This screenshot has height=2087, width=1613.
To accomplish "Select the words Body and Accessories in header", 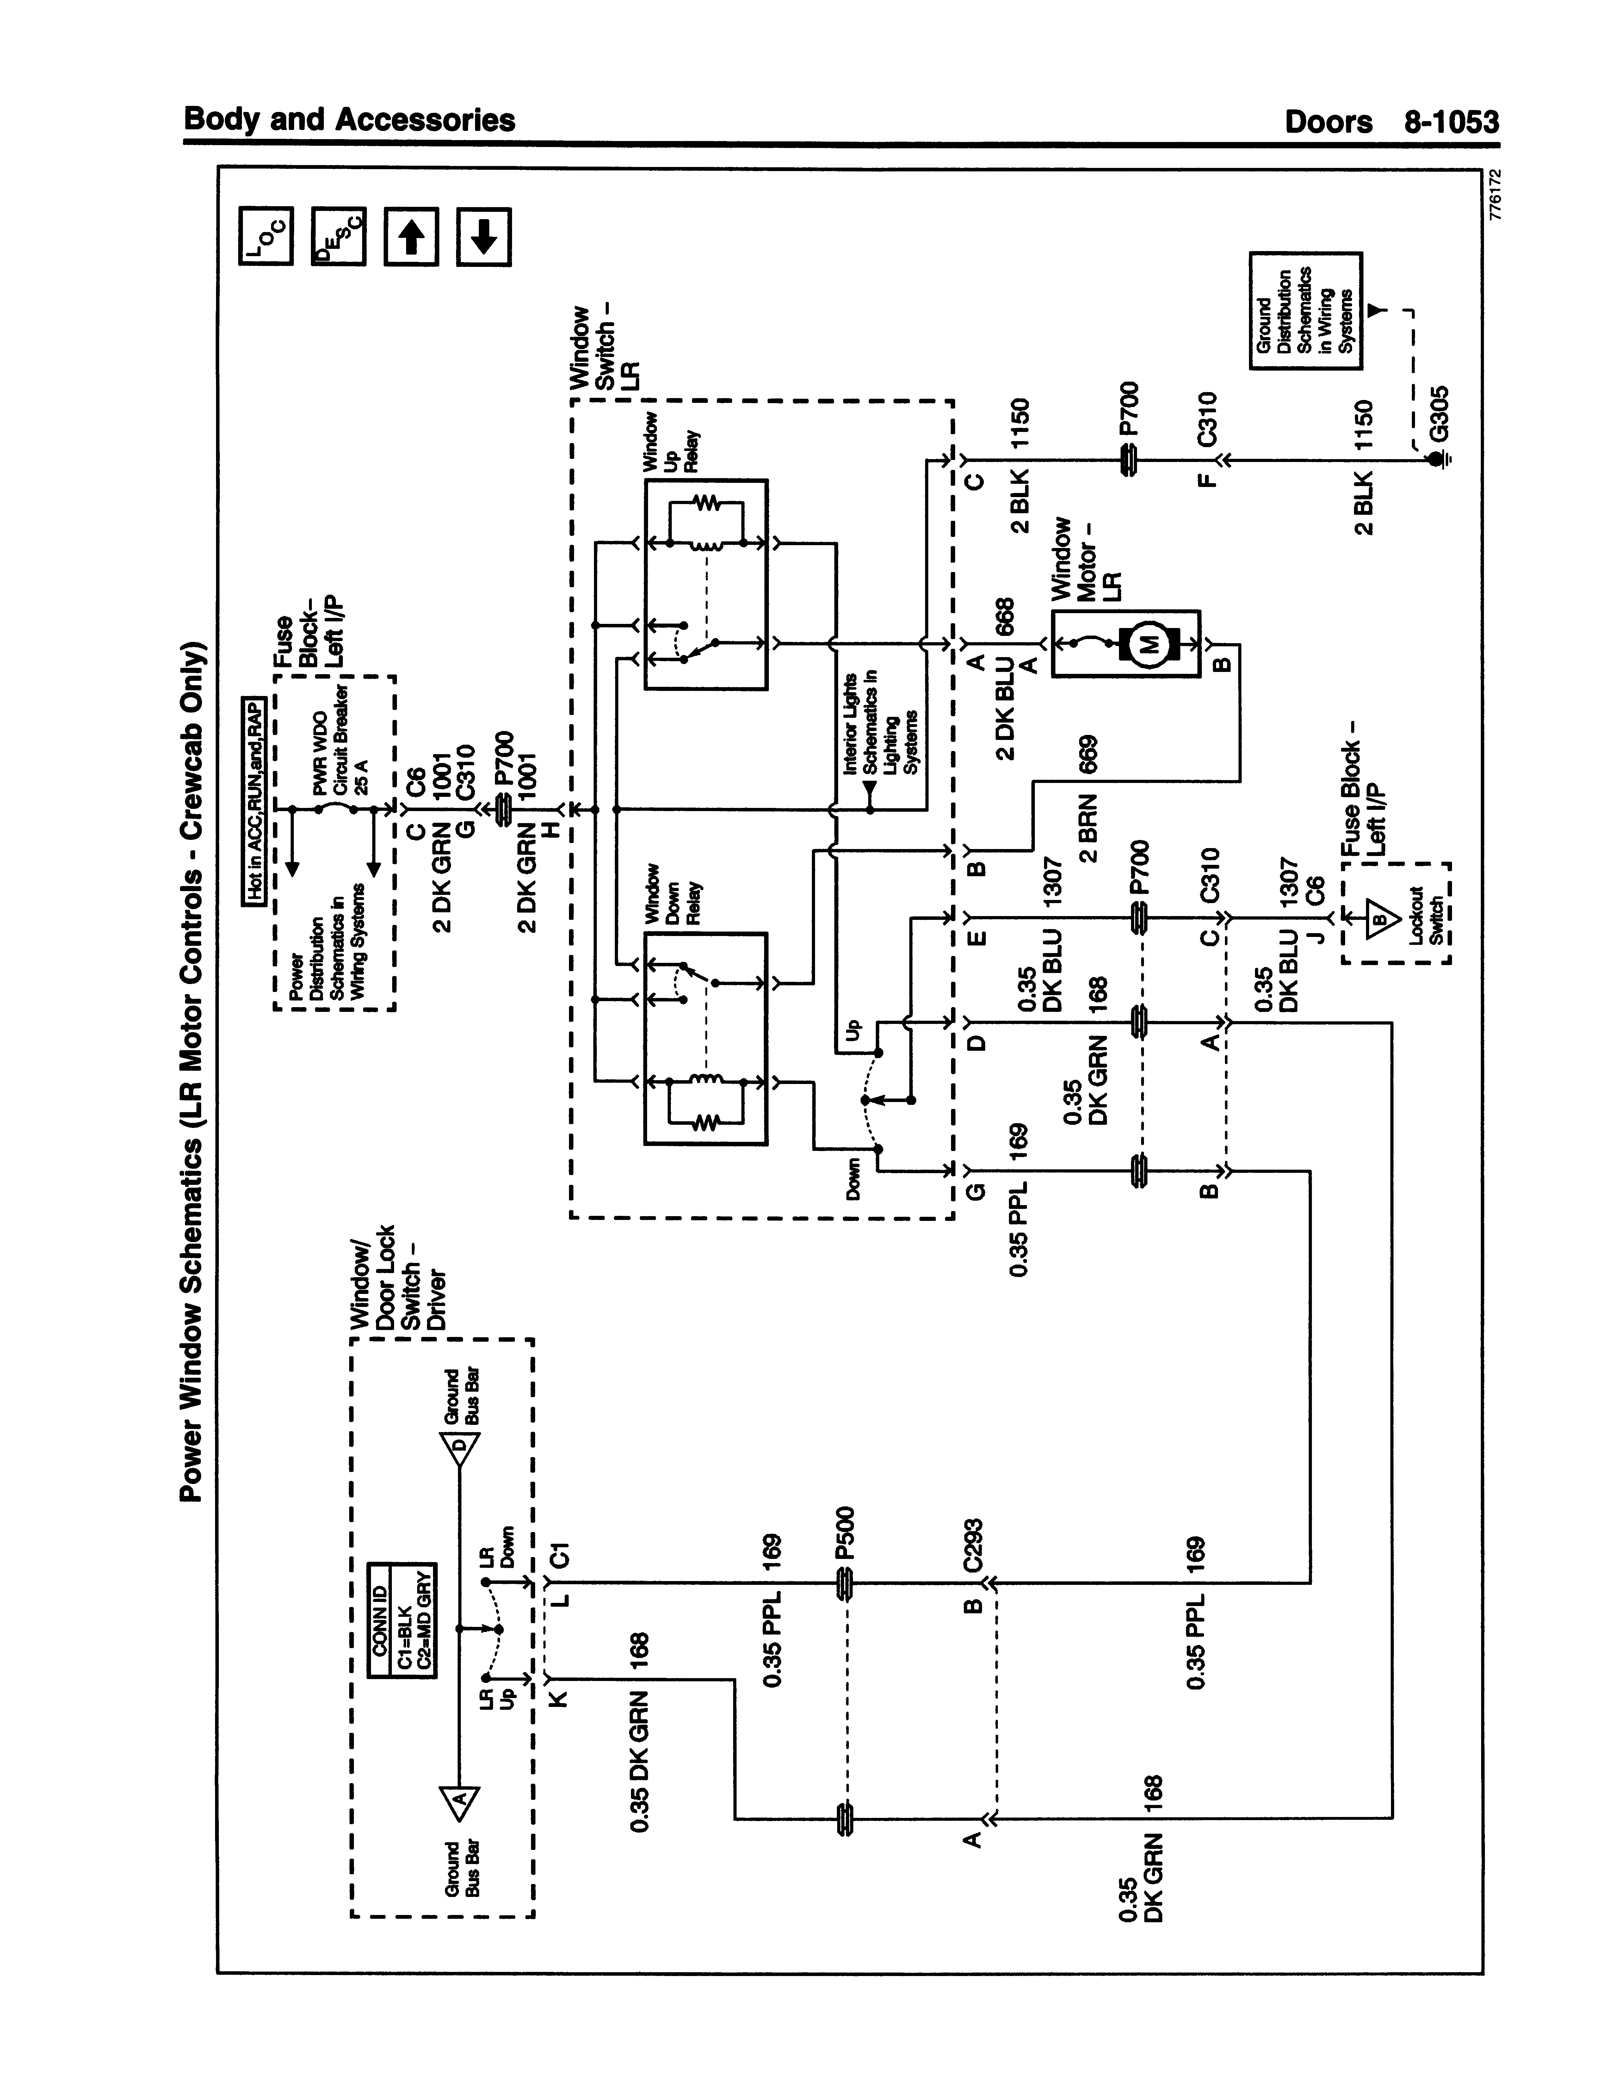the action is click(x=349, y=120).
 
